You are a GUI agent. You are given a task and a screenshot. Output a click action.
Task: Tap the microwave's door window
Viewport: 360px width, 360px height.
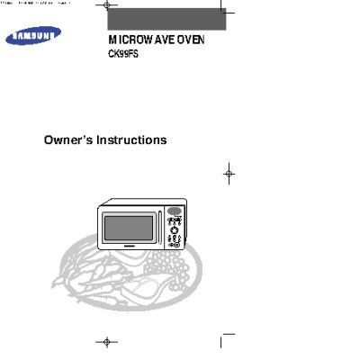pos(131,225)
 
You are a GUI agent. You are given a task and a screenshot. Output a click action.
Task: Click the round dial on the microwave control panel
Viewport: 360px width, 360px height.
pos(175,231)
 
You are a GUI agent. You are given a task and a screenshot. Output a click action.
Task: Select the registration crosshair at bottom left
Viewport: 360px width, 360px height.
pos(107,343)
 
